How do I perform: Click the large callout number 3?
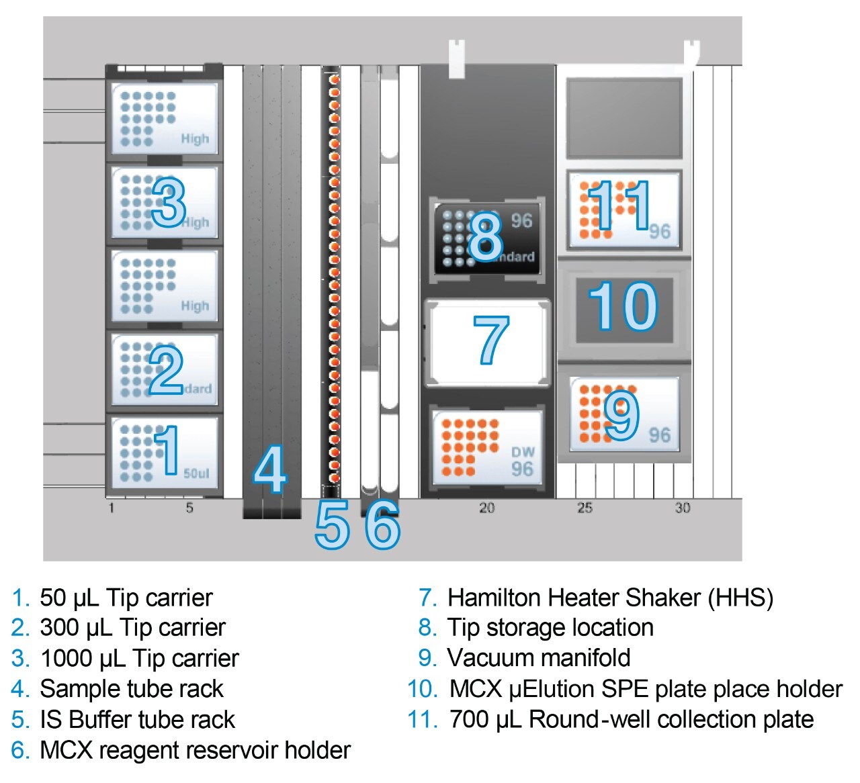coord(169,202)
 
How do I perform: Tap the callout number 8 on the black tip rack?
coord(486,237)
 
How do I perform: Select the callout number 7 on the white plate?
coord(491,340)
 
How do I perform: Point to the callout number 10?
coord(623,307)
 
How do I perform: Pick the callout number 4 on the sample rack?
coord(270,469)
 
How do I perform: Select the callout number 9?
coord(621,415)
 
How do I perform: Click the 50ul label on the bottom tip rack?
coord(196,473)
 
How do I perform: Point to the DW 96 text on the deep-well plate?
coord(522,461)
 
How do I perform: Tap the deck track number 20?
coord(487,508)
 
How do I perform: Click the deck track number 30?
coord(683,508)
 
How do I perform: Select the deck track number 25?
coord(585,508)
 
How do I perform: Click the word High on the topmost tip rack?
coord(195,139)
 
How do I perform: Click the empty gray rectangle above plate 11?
coord(623,118)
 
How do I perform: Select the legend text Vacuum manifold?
coord(539,658)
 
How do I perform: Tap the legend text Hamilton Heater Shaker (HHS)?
coord(610,597)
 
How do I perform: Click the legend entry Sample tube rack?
coord(132,689)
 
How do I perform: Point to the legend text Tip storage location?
coord(550,627)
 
